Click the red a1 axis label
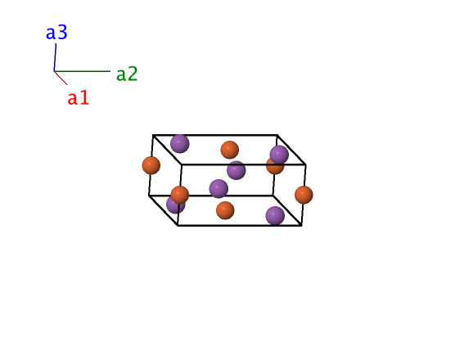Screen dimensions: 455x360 tap(78, 97)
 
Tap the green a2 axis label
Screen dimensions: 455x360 tap(127, 74)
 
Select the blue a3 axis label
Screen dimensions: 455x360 tap(56, 32)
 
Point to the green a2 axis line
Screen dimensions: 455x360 tap(83, 71)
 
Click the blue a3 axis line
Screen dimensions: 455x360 tap(55, 57)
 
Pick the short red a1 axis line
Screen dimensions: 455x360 tap(61, 78)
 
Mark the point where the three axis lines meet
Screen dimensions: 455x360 tap(54, 71)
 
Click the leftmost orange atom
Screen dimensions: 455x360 tap(151, 165)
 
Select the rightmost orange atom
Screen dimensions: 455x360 tap(304, 195)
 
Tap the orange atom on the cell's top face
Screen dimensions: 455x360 tap(229, 150)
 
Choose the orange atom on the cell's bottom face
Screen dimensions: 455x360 tap(225, 210)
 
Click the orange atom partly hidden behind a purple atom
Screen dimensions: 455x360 tap(274, 167)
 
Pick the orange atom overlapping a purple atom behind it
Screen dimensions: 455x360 tap(179, 195)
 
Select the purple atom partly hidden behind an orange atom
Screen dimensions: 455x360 tap(175, 205)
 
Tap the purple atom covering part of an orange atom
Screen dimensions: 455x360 tap(279, 155)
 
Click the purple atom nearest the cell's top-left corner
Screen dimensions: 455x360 tap(179, 144)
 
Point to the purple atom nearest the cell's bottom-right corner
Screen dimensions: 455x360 tap(275, 215)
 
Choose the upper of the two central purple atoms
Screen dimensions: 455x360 tap(237, 170)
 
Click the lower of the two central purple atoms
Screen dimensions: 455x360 tap(218, 188)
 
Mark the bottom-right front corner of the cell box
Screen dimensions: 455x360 tap(302, 225)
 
